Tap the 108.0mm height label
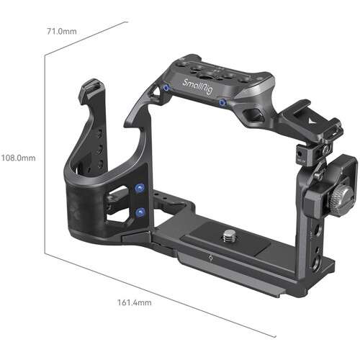18,157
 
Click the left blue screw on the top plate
166,87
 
